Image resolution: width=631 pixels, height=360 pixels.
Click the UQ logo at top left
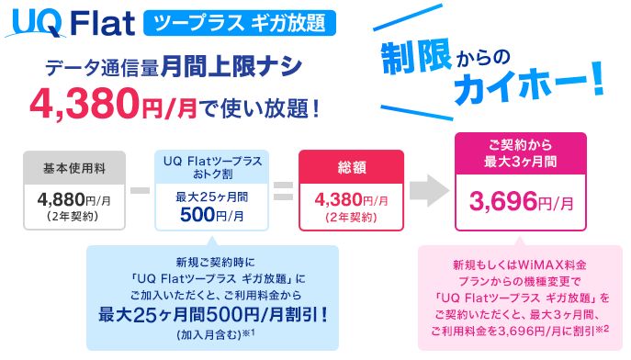pyautogui.click(x=36, y=24)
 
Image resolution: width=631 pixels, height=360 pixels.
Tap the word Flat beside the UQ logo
pyautogui.click(x=103, y=23)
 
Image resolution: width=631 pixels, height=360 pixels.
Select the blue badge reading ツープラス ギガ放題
pyautogui.click(x=240, y=23)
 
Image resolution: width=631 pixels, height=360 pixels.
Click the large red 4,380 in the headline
pyautogui.click(x=85, y=104)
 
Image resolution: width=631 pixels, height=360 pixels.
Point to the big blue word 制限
pyautogui.click(x=416, y=59)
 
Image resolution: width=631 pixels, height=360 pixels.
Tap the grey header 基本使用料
pyautogui.click(x=74, y=168)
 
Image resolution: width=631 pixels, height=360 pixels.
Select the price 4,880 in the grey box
pyautogui.click(x=61, y=199)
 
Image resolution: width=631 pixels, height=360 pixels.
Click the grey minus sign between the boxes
pyautogui.click(x=140, y=190)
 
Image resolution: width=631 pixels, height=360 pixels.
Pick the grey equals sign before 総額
pyautogui.click(x=284, y=191)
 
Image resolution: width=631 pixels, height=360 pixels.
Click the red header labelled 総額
pyautogui.click(x=351, y=167)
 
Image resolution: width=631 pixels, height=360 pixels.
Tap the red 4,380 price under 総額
pyautogui.click(x=338, y=199)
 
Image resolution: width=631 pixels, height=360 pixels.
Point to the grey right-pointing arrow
pyautogui.click(x=429, y=191)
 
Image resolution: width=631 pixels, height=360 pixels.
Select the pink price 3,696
pyautogui.click(x=503, y=201)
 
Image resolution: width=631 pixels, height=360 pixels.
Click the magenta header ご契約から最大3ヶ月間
pyautogui.click(x=521, y=153)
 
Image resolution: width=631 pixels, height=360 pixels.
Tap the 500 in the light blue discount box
pyautogui.click(x=197, y=215)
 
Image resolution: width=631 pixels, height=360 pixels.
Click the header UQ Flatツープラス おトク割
pyautogui.click(x=212, y=167)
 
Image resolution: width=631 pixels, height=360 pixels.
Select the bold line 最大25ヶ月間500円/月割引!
pyautogui.click(x=213, y=315)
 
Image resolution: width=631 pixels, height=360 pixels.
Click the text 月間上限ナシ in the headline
pyautogui.click(x=231, y=66)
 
